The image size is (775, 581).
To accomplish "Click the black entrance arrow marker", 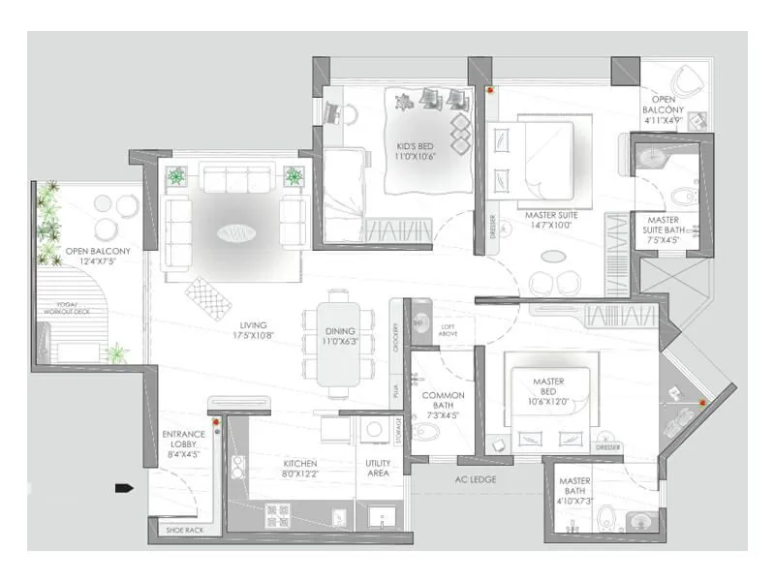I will click(123, 488).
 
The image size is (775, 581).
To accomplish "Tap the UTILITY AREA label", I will click(378, 469).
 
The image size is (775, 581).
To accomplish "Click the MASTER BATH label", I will click(574, 487).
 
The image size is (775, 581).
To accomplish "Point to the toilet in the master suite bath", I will click(686, 195).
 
